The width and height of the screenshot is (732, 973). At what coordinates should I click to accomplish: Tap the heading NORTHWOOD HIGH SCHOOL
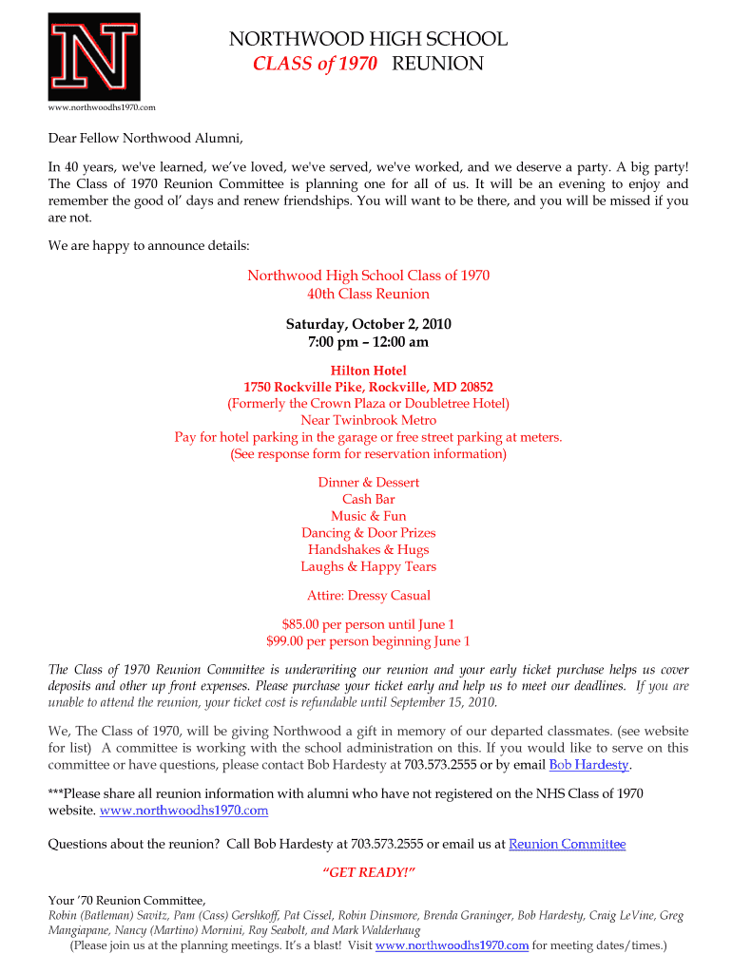[368, 39]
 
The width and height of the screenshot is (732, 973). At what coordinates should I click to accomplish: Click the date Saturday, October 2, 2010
[369, 325]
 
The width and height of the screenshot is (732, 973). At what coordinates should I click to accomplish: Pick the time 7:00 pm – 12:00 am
[369, 342]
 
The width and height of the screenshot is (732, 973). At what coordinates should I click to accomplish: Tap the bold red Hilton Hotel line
[369, 371]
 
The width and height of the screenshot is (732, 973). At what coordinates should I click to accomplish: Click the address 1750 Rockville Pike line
[369, 387]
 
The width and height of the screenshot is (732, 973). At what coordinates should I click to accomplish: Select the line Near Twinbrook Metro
[369, 420]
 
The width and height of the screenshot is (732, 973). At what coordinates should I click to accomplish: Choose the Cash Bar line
[369, 499]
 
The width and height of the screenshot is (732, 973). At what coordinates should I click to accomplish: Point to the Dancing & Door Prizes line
[369, 533]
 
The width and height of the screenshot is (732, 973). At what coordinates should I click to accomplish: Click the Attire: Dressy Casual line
[369, 596]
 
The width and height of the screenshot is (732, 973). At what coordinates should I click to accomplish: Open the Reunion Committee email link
[568, 844]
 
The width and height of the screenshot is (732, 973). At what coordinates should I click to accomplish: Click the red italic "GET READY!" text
[369, 872]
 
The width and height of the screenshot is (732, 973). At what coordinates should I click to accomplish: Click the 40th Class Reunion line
[369, 294]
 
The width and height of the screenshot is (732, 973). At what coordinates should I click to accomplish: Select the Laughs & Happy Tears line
[369, 566]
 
